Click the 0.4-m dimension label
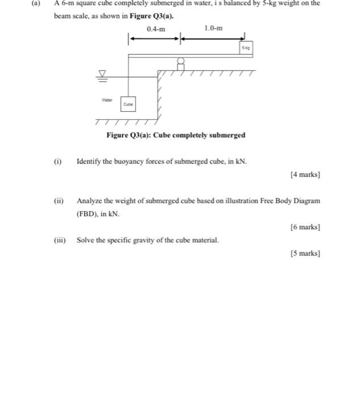tap(156, 29)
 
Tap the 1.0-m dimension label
tap(213, 28)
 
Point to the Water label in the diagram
tap(107, 100)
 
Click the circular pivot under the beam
tap(181, 61)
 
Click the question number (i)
tap(57, 161)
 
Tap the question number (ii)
tap(58, 201)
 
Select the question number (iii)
tap(59, 240)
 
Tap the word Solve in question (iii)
tap(86, 240)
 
